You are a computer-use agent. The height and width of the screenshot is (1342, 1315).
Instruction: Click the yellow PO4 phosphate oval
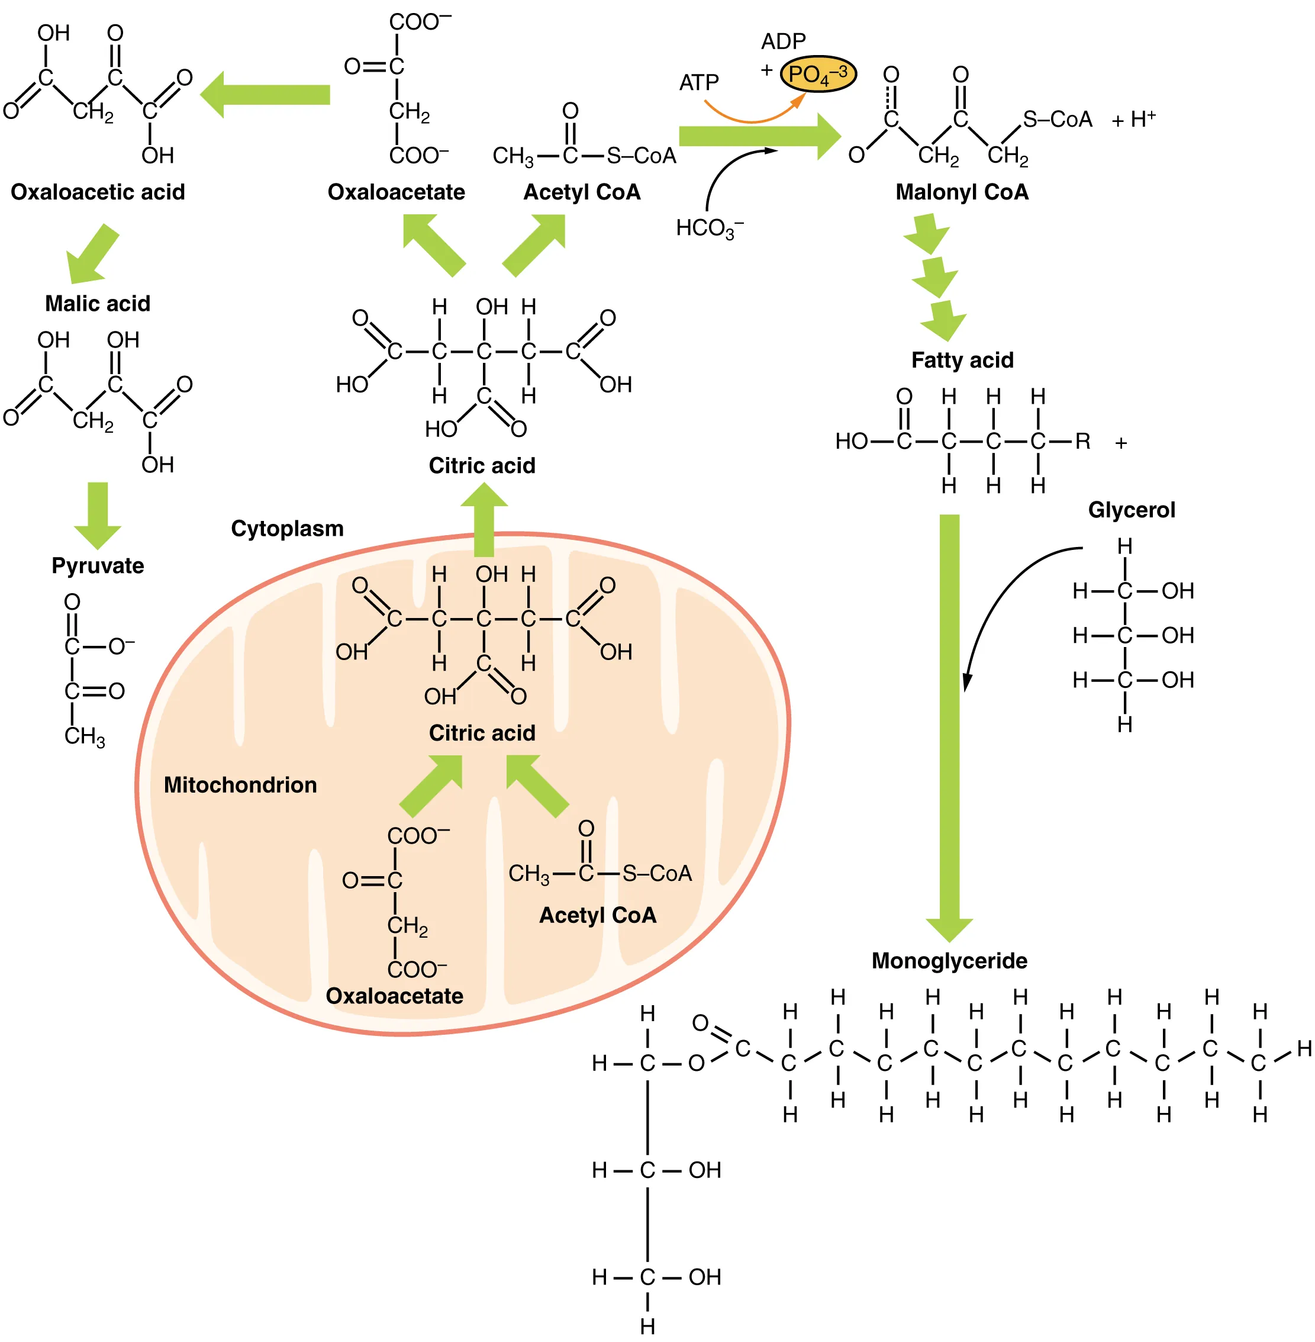(x=818, y=74)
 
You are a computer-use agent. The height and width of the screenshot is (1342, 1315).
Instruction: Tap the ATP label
(x=698, y=83)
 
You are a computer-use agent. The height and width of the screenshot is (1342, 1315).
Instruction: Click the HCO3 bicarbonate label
(x=708, y=228)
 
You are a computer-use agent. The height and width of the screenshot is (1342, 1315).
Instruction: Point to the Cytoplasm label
(x=286, y=529)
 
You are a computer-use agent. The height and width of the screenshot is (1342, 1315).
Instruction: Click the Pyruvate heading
(x=98, y=566)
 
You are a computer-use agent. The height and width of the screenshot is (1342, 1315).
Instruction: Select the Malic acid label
(x=98, y=303)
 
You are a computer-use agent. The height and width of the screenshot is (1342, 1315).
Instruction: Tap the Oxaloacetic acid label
(x=98, y=192)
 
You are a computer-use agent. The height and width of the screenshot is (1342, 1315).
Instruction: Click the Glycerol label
(x=1132, y=510)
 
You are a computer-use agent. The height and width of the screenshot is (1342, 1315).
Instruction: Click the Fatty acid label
(x=962, y=360)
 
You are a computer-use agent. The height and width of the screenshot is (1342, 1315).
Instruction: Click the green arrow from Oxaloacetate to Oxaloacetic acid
(x=266, y=95)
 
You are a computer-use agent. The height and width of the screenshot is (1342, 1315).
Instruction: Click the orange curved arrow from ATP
(x=753, y=117)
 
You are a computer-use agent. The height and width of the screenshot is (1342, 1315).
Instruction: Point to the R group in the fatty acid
(x=1082, y=442)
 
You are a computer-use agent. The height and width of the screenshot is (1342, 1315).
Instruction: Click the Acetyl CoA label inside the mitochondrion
(x=597, y=915)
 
